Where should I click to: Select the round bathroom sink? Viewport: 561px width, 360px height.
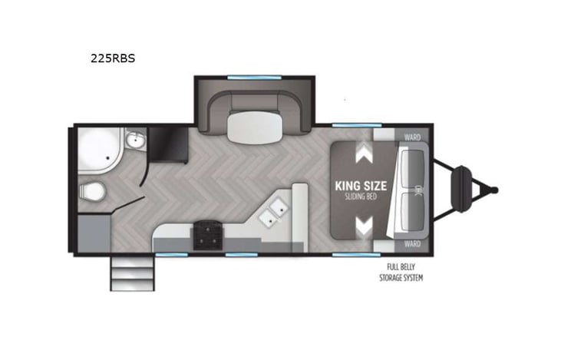pyautogui.click(x=136, y=140)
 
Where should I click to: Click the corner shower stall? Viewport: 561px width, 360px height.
pyautogui.click(x=97, y=150)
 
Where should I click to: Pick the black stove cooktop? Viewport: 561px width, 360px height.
pyautogui.click(x=206, y=235)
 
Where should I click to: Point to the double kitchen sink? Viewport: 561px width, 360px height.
pyautogui.click(x=274, y=212)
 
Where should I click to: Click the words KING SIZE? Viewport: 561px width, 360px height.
pyautogui.click(x=360, y=186)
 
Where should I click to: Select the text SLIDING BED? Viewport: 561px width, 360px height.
pyautogui.click(x=360, y=198)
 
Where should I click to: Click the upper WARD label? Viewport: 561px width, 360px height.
pyautogui.click(x=412, y=138)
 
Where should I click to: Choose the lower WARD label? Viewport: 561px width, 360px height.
pyautogui.click(x=412, y=244)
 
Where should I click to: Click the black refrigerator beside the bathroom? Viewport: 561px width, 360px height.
pyautogui.click(x=168, y=144)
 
